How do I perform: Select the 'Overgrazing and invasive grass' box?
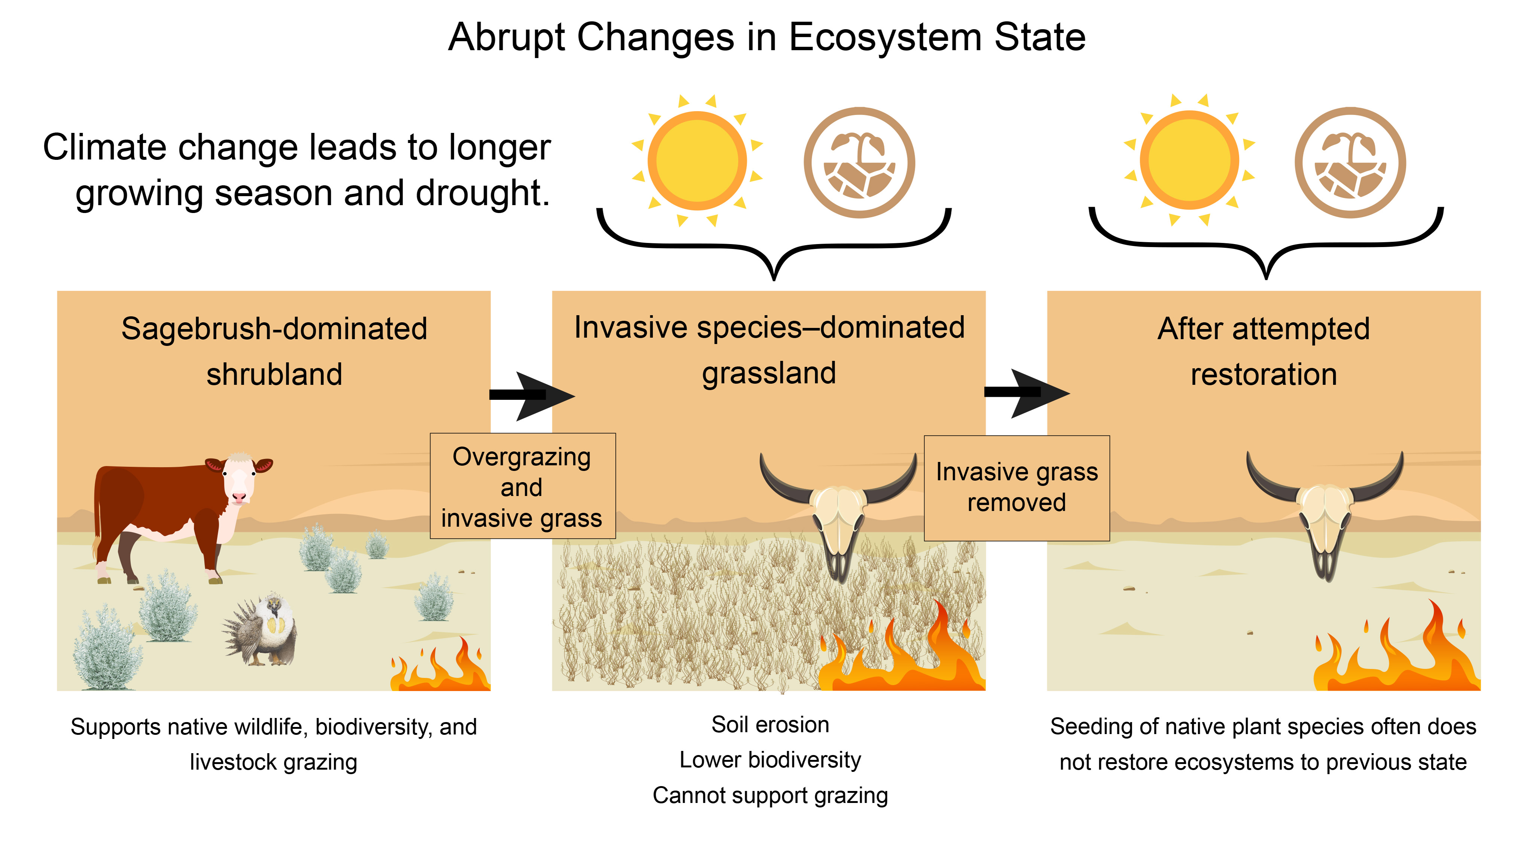click(522, 486)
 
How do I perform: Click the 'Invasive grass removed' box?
click(1017, 488)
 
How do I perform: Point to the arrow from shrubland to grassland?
click(531, 395)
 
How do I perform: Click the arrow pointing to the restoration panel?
click(1027, 393)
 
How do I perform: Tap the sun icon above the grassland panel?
click(697, 161)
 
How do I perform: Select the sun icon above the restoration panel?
click(1189, 160)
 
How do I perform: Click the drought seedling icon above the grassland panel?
click(859, 162)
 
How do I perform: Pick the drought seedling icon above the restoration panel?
click(1350, 162)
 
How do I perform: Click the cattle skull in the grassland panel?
click(838, 512)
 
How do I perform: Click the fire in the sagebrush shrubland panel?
click(441, 666)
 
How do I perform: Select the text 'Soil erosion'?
click(770, 725)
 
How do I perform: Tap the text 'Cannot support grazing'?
click(770, 795)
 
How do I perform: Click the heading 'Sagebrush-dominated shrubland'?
click(274, 351)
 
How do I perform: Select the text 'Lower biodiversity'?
click(770, 760)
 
